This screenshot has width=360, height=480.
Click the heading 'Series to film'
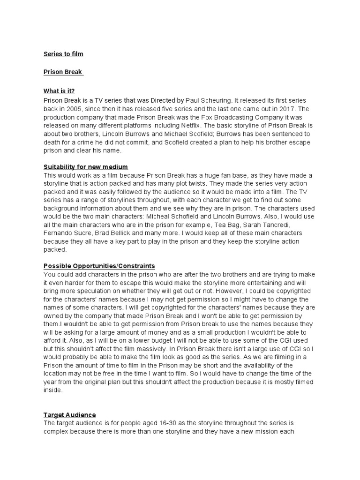pos(63,54)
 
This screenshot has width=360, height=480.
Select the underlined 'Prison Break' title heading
pos(63,72)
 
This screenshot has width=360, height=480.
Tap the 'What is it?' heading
pos(59,91)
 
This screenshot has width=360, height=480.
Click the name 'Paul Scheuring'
pos(208,100)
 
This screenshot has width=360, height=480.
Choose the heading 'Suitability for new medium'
pos(86,167)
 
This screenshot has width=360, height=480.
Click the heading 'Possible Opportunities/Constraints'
pos(99,266)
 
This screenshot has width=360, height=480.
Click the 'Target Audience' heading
pos(69,415)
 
